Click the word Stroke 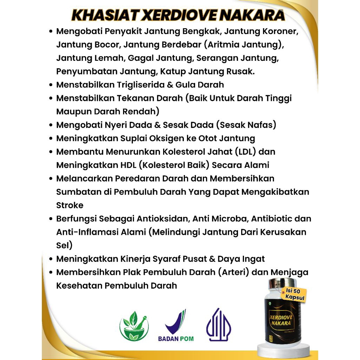click(70, 205)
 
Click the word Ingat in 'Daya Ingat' click(253, 259)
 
